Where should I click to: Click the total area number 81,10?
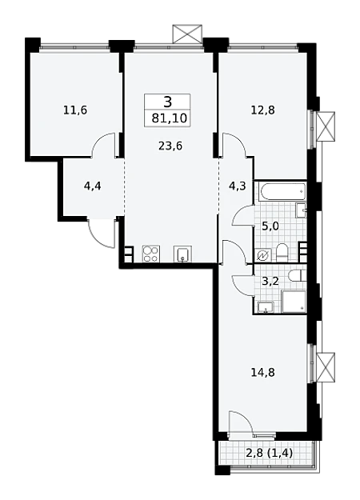[169, 118]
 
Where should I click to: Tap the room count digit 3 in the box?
[168, 102]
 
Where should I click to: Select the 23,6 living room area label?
[170, 146]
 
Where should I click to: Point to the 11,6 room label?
[75, 110]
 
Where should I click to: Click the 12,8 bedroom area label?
[263, 110]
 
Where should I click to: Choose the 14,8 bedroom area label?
[263, 372]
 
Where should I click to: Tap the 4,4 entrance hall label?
[93, 186]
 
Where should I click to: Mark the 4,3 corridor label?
[238, 186]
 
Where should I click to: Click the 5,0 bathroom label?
[270, 226]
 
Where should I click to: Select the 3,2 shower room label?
[270, 282]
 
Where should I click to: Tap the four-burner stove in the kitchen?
[150, 254]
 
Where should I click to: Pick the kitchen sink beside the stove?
[182, 254]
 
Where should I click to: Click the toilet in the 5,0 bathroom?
[282, 252]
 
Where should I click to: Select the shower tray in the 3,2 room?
[294, 302]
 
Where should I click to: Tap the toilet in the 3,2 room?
[297, 275]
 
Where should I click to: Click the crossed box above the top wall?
[187, 34]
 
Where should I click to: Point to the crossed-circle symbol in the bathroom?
[263, 255]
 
